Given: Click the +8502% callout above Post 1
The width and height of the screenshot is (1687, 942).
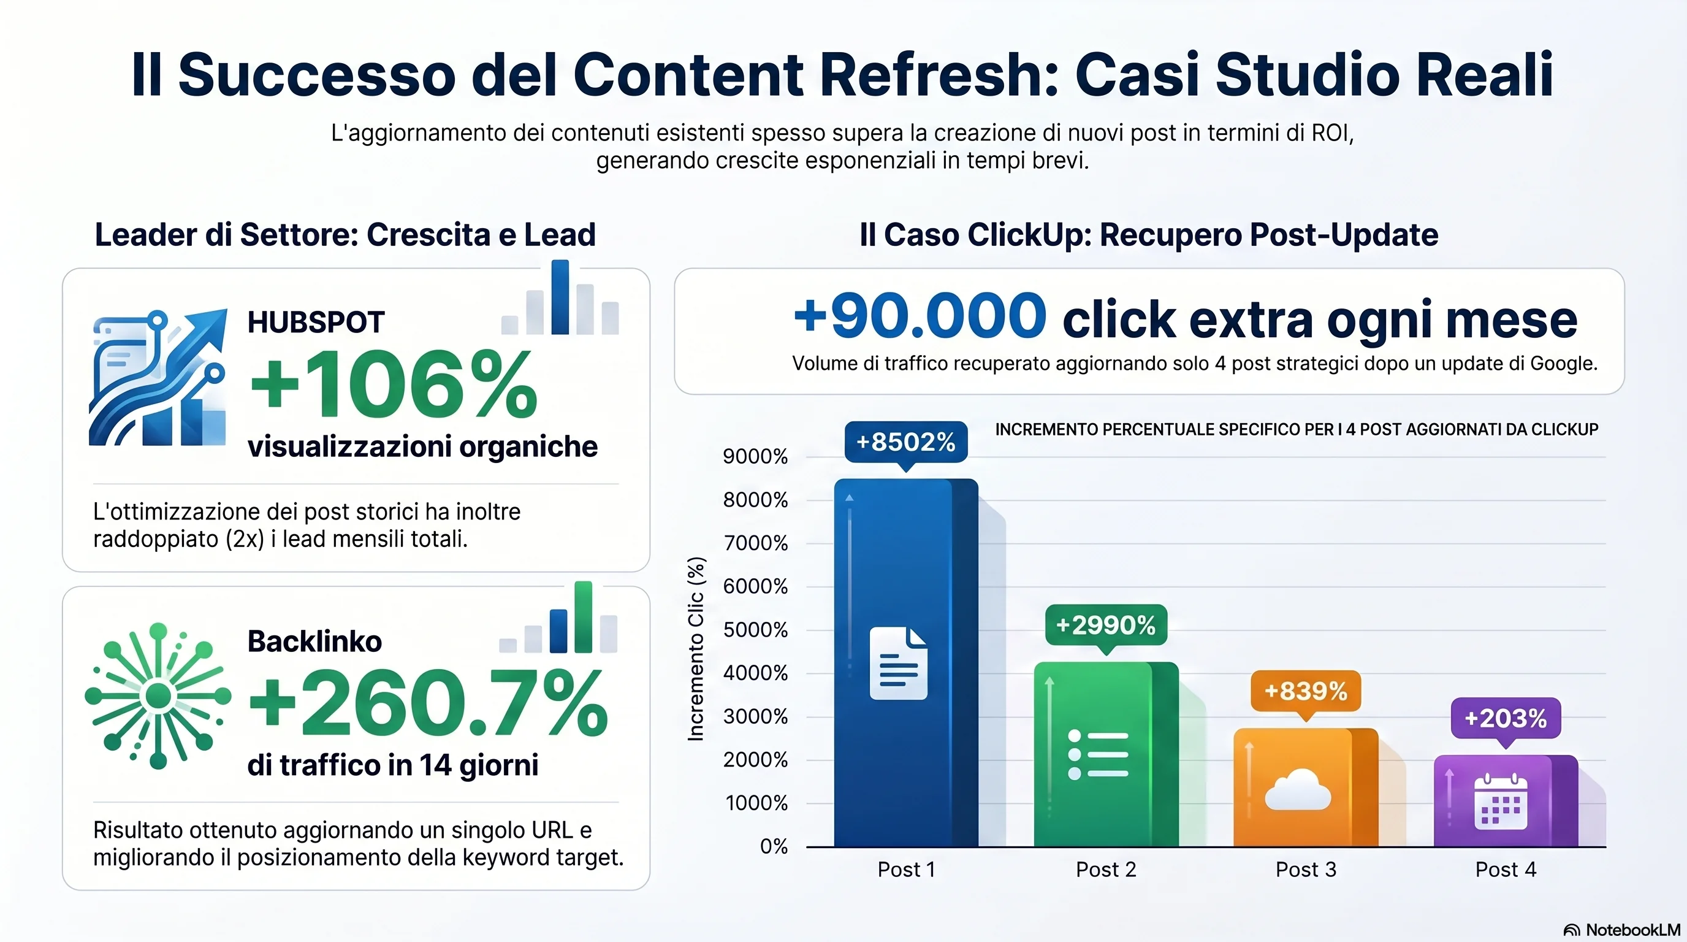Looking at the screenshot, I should [x=905, y=442].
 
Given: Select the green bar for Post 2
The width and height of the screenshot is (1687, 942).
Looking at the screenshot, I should [x=1105, y=753].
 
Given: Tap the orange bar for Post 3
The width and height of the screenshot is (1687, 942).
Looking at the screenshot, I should [x=1305, y=786].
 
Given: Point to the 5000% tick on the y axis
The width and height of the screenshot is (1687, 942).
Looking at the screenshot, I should [x=755, y=629].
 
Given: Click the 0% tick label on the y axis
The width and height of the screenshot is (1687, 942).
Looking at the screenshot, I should [x=774, y=846].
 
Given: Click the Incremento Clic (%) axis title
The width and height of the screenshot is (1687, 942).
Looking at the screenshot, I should [x=696, y=648].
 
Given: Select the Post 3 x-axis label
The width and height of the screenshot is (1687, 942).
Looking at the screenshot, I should [x=1305, y=869].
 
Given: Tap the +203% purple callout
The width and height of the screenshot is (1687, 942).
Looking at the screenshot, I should [x=1505, y=719].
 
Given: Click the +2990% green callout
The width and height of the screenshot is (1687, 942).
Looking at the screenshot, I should [x=1105, y=625].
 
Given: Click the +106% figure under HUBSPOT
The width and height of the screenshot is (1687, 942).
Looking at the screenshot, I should [x=393, y=385].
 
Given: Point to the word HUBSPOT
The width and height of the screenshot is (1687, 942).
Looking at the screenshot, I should [x=316, y=323].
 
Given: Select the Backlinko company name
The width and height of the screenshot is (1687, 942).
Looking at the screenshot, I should [x=314, y=641].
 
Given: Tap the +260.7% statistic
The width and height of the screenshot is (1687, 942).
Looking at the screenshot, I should [x=429, y=703].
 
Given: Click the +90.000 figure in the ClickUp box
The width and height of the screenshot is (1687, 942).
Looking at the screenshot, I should [x=920, y=317].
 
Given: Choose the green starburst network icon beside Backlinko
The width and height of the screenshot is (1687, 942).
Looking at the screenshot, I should [x=158, y=695].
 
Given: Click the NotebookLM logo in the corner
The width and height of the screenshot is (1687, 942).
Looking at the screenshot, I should [x=1621, y=930].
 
